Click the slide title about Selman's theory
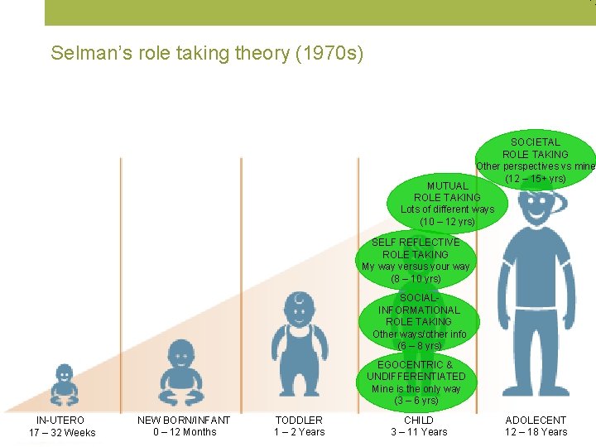207,54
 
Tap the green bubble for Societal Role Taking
535,160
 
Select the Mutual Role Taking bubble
447,204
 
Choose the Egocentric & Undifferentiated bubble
417,382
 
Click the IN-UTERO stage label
60,421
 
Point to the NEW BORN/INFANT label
184,421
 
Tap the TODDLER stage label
299,421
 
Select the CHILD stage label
419,421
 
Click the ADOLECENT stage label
536,421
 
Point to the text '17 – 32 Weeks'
62,433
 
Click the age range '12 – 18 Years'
536,432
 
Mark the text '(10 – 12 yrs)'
447,222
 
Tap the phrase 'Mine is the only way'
417,389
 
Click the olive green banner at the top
320,12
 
